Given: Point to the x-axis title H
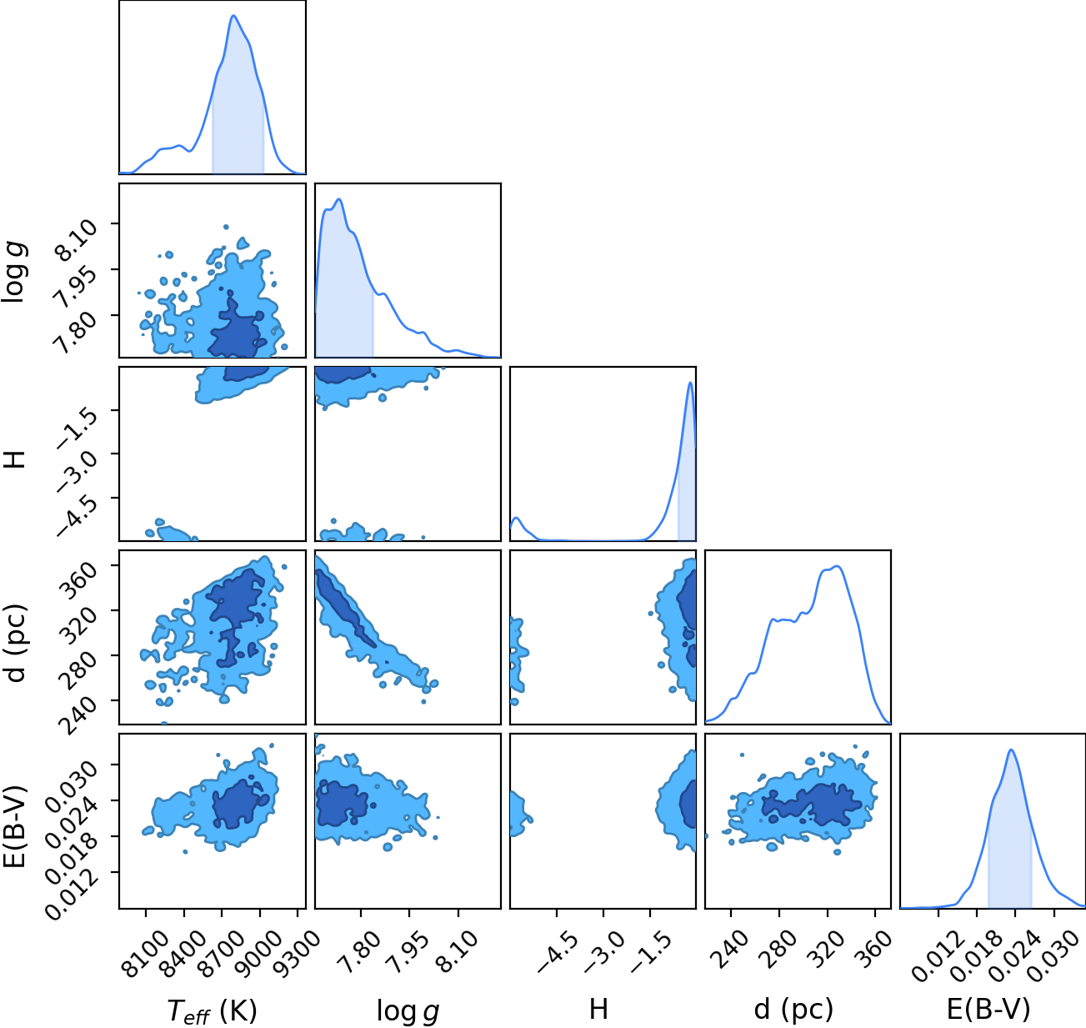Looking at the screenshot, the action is pyautogui.click(x=598, y=1009).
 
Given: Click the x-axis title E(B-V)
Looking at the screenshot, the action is pyautogui.click(x=988, y=1010).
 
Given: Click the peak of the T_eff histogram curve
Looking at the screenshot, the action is pyautogui.click(x=233, y=16).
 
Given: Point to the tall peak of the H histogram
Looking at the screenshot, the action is pyautogui.click(x=690, y=383).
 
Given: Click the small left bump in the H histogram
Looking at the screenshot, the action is pyautogui.click(x=517, y=518).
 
